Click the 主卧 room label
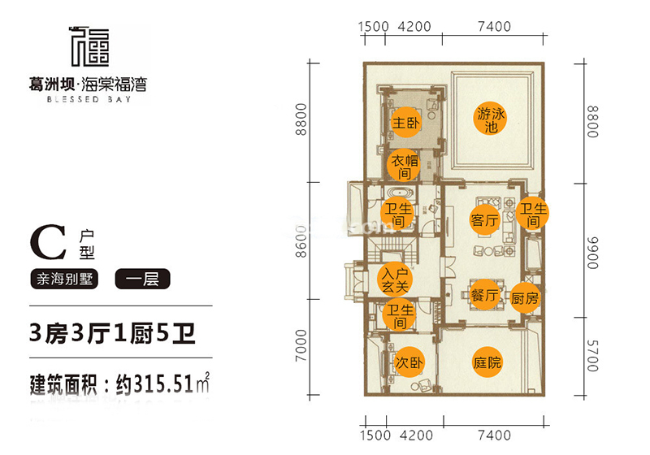tap(405, 123)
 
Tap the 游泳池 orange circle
tap(491, 119)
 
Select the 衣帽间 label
tap(404, 167)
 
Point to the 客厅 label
tap(484, 220)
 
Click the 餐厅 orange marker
tap(484, 295)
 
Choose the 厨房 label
tap(524, 298)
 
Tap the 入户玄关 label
tap(395, 279)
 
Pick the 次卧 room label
tap(409, 362)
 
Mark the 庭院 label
tap(487, 362)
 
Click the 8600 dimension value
tap(301, 241)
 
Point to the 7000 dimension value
tap(301, 345)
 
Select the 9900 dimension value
tap(593, 253)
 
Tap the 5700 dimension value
tap(593, 356)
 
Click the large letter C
tap(48, 242)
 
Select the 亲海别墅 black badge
tap(64, 279)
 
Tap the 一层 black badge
tap(143, 279)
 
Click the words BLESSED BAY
tap(89, 99)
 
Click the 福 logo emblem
tap(89, 46)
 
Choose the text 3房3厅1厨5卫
tap(112, 333)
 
